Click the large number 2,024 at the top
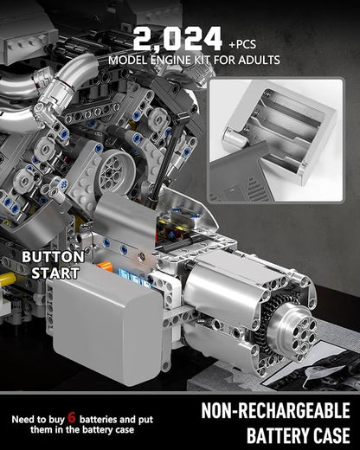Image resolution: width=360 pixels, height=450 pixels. (x=177, y=40)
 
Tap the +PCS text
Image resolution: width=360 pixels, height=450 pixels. (x=242, y=44)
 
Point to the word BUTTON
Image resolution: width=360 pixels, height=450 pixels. (x=53, y=256)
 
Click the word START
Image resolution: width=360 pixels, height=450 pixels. (x=55, y=273)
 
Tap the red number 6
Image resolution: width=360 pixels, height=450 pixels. (x=72, y=417)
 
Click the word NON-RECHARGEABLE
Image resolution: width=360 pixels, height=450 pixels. (x=276, y=411)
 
